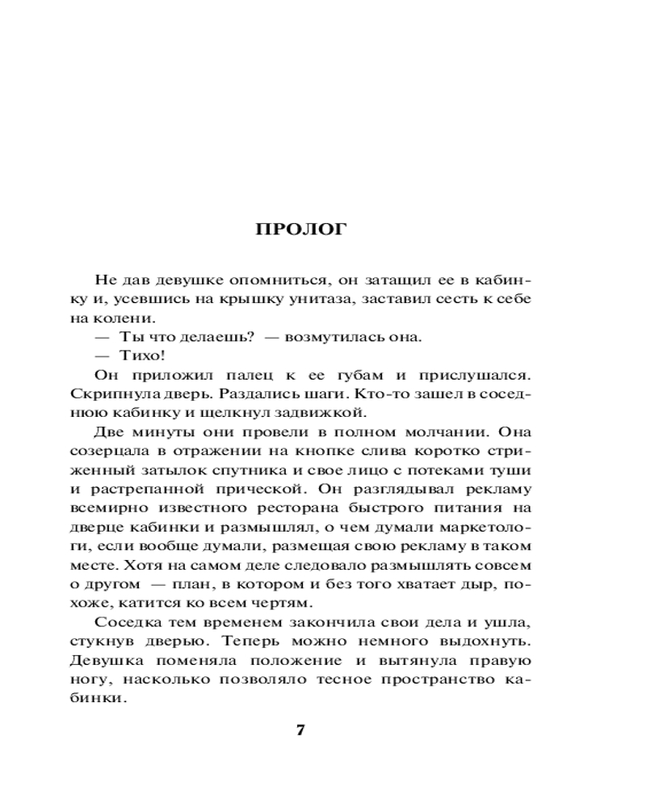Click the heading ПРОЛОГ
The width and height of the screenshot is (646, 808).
(300, 229)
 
